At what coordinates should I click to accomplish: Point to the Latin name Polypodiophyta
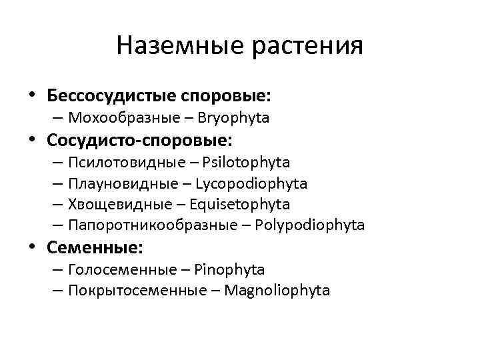coord(310,225)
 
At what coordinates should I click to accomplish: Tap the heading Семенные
coord(95,248)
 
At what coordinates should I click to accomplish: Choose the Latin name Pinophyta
coord(230,270)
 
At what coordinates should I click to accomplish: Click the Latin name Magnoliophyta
coord(277,291)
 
